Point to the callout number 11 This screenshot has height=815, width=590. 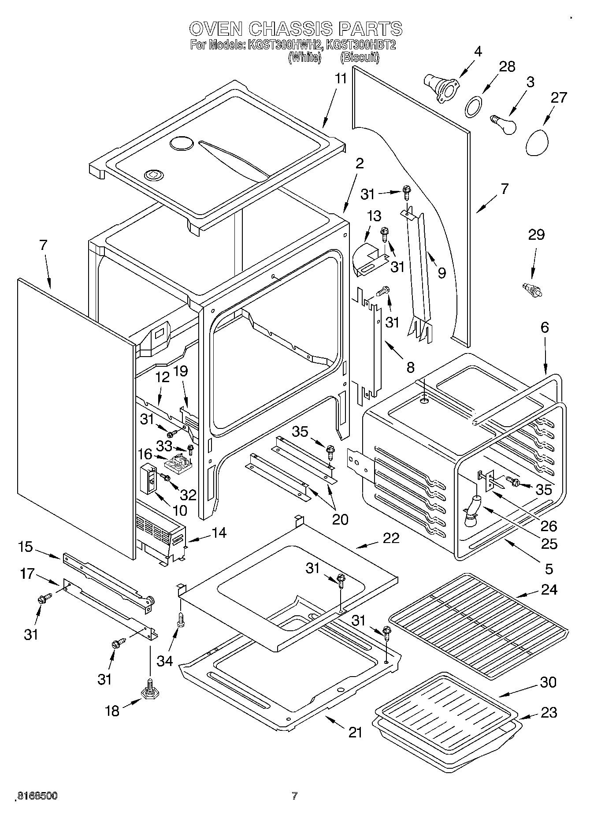pyautogui.click(x=341, y=79)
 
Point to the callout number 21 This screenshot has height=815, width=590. pyautogui.click(x=355, y=732)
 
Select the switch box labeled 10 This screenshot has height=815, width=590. pyautogui.click(x=148, y=478)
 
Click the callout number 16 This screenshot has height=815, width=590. pyautogui.click(x=145, y=454)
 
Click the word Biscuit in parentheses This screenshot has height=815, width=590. pyautogui.click(x=360, y=57)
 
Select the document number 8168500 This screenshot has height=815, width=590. pyautogui.click(x=37, y=795)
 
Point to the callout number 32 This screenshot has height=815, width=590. pyautogui.click(x=188, y=495)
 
